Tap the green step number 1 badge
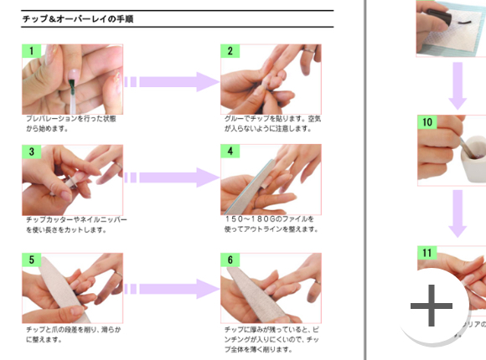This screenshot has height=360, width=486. pos(32,51)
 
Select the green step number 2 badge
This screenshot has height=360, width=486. pos(230,51)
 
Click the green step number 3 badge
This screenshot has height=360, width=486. pos(32,152)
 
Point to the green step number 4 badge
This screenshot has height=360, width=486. pos(230,152)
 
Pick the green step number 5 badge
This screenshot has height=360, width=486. pos(32,260)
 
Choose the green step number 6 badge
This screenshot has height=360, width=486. pos(230,260)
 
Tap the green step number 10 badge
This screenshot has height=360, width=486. pos(427,122)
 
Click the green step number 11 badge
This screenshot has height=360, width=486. pos(427,252)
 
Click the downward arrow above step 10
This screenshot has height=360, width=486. pos(457,84)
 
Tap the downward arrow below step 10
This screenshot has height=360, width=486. pos(457,213)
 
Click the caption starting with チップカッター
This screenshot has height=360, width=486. pos(75,224)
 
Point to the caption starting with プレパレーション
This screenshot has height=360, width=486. pos(71,124)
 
